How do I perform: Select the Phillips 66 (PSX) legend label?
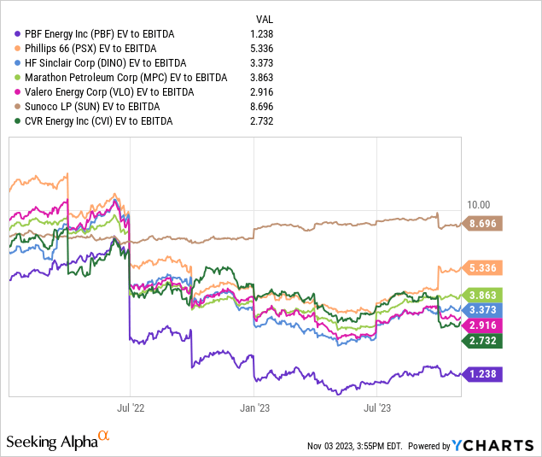[94, 48]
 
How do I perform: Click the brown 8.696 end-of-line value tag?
[484, 224]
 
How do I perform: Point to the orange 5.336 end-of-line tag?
[484, 267]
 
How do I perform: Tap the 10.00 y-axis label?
[480, 205]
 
